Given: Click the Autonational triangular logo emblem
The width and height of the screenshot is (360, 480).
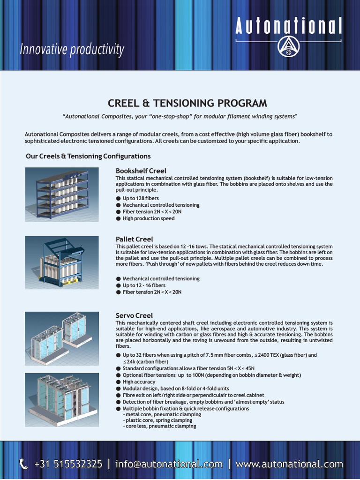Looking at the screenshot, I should pos(288,46).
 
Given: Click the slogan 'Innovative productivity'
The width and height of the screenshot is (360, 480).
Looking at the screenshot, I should pos(72,49).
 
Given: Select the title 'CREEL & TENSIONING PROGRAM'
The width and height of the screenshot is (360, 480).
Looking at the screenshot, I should pos(187,103).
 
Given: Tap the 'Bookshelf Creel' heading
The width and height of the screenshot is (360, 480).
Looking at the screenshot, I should pos(141,171).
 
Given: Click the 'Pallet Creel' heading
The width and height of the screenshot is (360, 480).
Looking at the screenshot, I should pos(134,239).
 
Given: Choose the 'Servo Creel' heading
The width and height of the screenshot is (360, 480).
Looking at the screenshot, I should pos(134,315).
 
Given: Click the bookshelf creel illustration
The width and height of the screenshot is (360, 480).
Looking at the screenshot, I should pos(62,193).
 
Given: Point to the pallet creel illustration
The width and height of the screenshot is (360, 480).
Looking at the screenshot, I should pos(62,262).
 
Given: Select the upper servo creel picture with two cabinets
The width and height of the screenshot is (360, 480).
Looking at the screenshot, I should pos(62,338).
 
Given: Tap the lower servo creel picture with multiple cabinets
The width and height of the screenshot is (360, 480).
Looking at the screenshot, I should pos(62,399).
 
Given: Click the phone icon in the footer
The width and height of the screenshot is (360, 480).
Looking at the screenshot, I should pos(24,464).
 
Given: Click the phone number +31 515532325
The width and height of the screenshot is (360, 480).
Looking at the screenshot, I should pos(68,464).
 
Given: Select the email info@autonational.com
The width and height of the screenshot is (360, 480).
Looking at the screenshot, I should pos(169,464).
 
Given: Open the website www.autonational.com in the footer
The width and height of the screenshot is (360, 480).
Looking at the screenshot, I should pos(289,464).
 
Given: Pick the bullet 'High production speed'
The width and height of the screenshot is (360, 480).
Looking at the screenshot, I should pos(148,218).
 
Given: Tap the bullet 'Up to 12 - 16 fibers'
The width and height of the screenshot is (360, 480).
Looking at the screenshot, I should pos(143,285).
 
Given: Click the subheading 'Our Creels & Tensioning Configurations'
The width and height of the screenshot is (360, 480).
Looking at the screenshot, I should pos(88,156).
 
